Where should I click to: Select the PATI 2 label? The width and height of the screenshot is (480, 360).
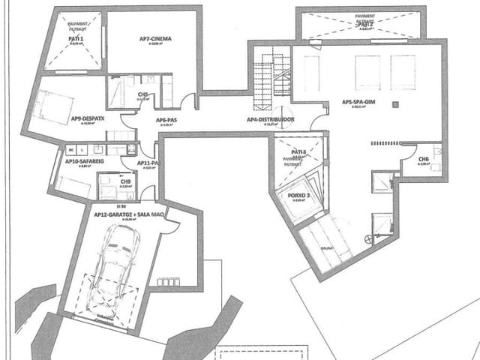click(x=365, y=24)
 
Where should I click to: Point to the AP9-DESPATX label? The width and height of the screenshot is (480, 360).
click(x=88, y=118)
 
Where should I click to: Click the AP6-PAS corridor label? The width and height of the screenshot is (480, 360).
click(x=166, y=119)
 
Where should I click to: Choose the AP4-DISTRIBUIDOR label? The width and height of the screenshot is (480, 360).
click(x=270, y=119)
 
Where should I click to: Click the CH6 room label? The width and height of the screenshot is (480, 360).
click(x=424, y=159)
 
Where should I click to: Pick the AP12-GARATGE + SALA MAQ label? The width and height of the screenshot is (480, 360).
click(x=128, y=214)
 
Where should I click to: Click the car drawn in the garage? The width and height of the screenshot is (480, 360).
click(x=116, y=267)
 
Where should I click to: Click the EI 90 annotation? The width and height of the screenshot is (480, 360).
click(x=120, y=205)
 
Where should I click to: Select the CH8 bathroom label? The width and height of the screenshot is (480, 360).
click(x=142, y=94)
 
